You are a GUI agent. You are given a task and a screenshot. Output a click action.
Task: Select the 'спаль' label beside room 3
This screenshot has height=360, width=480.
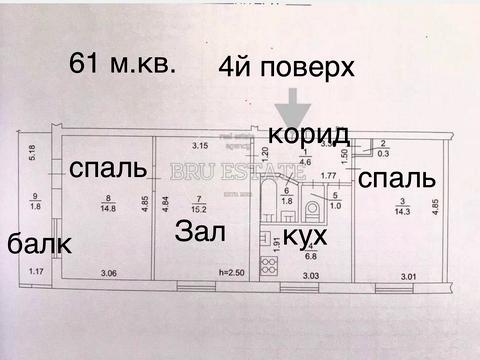[397, 180]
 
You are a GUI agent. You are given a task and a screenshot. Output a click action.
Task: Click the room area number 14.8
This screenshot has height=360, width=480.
[108, 208]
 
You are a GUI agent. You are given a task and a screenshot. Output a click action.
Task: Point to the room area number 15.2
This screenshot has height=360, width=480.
[200, 209]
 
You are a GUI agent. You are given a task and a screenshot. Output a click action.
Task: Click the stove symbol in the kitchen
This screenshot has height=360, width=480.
[269, 265]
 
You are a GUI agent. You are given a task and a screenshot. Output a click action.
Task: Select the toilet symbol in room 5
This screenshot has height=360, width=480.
[314, 209]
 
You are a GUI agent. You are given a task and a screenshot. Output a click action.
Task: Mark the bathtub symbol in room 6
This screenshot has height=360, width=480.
[270, 198]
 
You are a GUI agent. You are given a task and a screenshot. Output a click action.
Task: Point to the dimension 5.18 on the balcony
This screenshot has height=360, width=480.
[33, 154]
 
